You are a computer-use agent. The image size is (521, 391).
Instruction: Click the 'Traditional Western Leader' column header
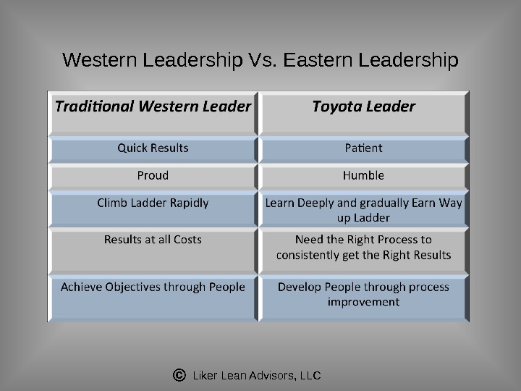(153, 107)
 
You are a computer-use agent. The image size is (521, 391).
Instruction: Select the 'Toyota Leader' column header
(363, 107)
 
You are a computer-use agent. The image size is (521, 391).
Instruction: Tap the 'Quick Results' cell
(153, 148)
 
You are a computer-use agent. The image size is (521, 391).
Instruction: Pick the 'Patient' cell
(363, 148)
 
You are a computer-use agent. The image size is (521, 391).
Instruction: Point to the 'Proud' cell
(153, 175)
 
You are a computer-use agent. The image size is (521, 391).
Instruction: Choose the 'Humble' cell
(363, 175)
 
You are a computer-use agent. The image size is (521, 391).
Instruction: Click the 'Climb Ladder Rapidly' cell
(153, 203)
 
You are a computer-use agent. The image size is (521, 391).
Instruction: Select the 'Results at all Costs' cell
(153, 239)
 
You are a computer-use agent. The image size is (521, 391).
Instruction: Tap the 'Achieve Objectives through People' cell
(153, 287)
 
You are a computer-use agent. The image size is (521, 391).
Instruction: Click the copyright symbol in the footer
(180, 376)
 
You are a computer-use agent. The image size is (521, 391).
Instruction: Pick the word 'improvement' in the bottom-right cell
(363, 302)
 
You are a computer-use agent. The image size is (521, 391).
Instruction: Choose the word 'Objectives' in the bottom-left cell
(135, 287)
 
